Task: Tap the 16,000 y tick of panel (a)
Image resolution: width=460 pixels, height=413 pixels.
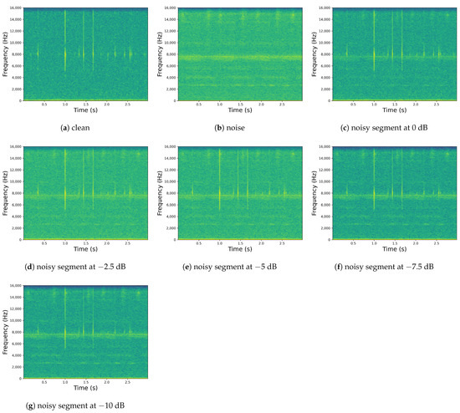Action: point(17,9)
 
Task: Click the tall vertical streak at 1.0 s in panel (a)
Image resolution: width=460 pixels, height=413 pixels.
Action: point(65,50)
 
